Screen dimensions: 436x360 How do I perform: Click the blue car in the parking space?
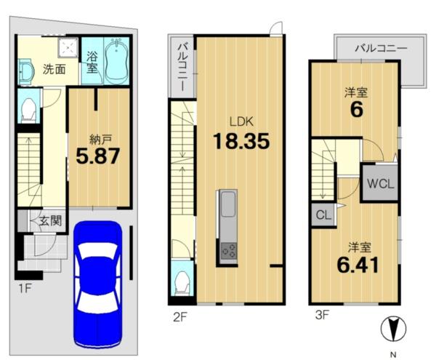[97, 284]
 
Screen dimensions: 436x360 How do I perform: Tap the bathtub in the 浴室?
[116, 61]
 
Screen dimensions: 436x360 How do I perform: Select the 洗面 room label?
[54, 69]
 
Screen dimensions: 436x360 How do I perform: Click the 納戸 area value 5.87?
[98, 156]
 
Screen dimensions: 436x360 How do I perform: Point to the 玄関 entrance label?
[50, 221]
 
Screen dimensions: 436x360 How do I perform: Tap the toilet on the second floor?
[182, 283]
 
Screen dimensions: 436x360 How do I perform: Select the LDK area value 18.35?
[241, 141]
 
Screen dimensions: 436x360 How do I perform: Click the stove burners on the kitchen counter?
[229, 250]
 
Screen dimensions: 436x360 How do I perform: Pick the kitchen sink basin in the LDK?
[228, 204]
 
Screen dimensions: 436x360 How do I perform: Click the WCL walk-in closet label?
[380, 183]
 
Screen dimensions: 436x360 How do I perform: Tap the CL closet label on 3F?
[323, 215]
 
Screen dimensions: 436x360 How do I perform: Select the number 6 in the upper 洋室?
[357, 110]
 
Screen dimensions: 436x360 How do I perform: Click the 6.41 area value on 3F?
[358, 265]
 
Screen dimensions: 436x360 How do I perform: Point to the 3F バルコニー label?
[381, 49]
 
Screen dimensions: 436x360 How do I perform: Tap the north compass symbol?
[393, 329]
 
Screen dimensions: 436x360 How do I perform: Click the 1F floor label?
[25, 289]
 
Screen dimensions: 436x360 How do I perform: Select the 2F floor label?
[180, 317]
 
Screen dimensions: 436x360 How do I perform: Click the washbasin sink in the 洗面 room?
[26, 71]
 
